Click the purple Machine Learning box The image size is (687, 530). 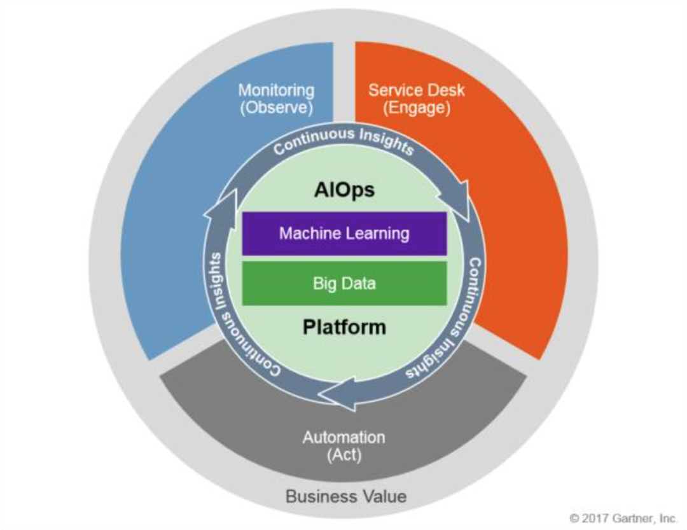[x=344, y=234]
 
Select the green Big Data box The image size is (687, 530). [x=344, y=283]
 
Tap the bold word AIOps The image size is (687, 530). [x=344, y=190]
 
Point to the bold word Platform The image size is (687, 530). [x=344, y=327]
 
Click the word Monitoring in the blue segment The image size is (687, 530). [x=276, y=90]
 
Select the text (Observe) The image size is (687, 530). [x=276, y=108]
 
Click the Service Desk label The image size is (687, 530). [x=417, y=90]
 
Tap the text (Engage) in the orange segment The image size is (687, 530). [x=417, y=108]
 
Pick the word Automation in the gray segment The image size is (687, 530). [x=343, y=438]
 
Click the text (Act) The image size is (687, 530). [x=343, y=455]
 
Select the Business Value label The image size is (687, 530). [x=345, y=496]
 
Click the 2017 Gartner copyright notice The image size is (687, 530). [x=623, y=518]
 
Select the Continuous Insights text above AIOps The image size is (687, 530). [x=343, y=138]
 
